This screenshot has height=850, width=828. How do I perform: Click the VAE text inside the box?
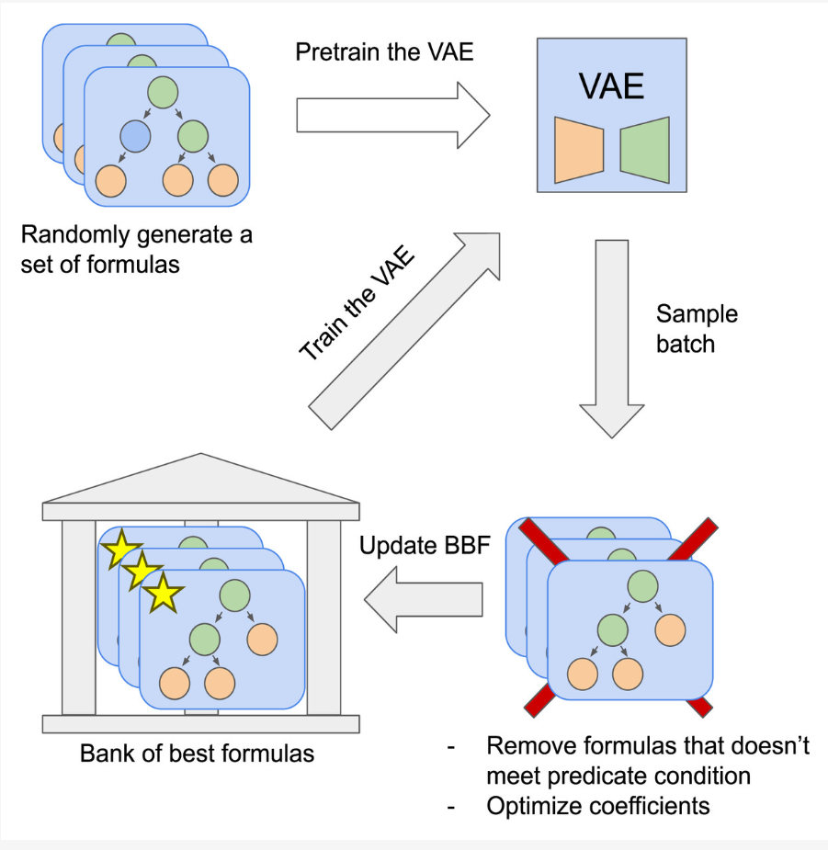(x=611, y=85)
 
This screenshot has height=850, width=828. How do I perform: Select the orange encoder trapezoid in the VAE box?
(x=579, y=150)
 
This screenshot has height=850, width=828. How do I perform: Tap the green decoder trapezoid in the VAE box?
(x=645, y=150)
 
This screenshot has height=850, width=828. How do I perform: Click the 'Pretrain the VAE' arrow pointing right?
(x=393, y=115)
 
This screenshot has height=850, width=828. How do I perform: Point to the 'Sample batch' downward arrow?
(x=612, y=339)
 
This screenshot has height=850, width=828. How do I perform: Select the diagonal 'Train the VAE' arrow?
(x=404, y=331)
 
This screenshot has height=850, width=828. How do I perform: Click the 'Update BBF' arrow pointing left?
(x=423, y=599)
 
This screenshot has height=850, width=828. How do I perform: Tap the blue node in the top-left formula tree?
(x=135, y=136)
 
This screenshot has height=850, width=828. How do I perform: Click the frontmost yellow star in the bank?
(x=163, y=593)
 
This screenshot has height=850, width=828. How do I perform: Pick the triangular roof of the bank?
(x=200, y=479)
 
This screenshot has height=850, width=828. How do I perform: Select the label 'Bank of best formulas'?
(x=197, y=754)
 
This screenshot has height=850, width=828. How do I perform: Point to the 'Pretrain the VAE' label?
(x=384, y=52)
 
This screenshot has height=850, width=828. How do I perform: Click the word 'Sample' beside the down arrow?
(x=697, y=314)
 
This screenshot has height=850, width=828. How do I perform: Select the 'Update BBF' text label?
(x=425, y=545)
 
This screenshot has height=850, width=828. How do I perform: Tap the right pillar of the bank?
(x=323, y=618)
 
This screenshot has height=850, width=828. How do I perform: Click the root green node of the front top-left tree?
(x=163, y=92)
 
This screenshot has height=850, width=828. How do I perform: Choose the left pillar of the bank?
(x=79, y=618)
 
